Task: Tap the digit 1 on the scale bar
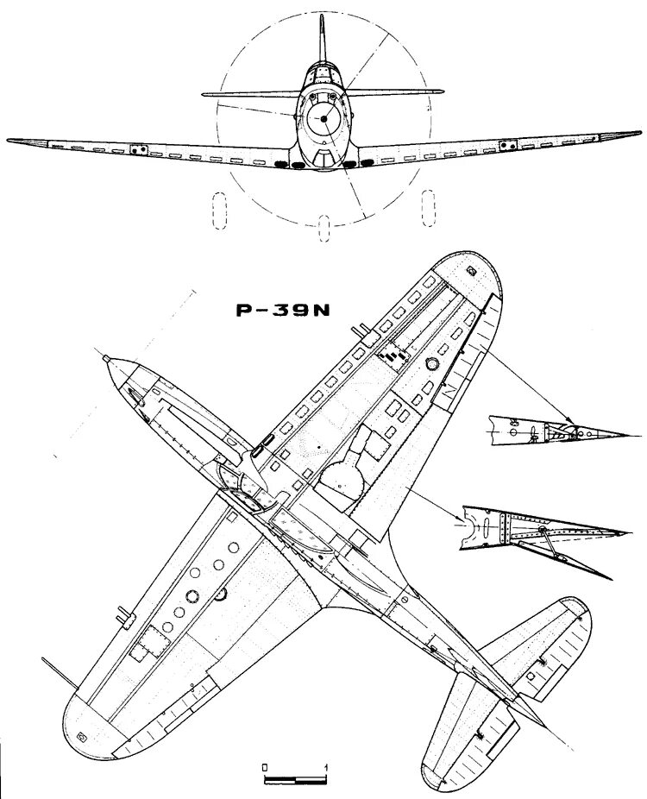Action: (x=325, y=766)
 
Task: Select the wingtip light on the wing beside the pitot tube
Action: (x=83, y=736)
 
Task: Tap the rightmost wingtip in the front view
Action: (x=640, y=132)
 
